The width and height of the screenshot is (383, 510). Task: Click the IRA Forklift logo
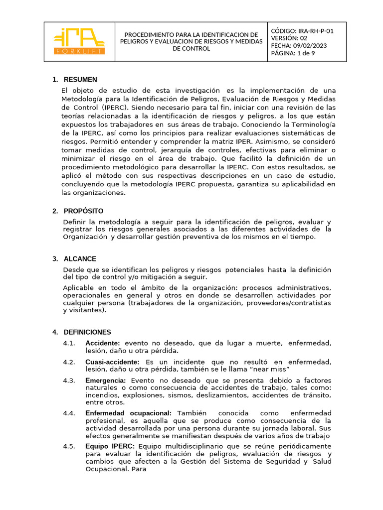click(x=79, y=41)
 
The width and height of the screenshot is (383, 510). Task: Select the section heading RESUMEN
click(x=80, y=80)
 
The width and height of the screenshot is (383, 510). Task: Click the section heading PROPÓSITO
click(x=83, y=211)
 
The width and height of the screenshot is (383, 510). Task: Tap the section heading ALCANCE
click(x=80, y=259)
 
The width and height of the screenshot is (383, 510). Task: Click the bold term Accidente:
click(x=103, y=343)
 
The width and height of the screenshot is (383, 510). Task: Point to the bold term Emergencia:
click(x=106, y=381)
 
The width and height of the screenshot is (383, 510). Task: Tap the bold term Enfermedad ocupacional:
click(x=128, y=413)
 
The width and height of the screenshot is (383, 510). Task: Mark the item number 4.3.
click(x=69, y=381)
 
